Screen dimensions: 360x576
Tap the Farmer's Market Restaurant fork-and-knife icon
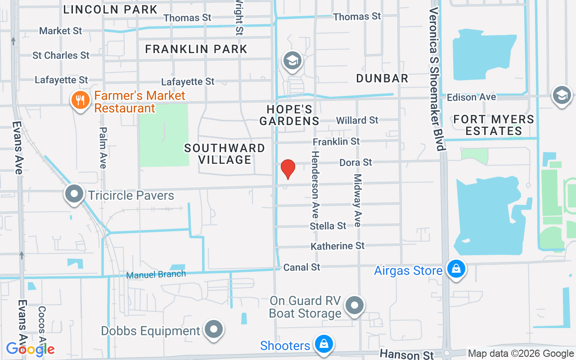(81, 100)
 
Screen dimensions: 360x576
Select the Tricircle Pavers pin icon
(75, 194)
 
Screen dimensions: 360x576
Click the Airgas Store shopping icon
(456, 269)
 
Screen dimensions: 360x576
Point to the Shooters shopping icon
(323, 344)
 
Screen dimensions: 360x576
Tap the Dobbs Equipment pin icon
(214, 329)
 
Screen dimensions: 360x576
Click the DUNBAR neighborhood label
(382, 78)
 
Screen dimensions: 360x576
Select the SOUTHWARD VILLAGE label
(225, 154)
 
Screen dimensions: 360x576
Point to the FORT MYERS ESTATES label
(494, 125)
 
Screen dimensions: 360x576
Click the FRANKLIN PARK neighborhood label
(196, 49)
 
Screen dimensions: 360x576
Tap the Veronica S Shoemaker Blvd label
(436, 79)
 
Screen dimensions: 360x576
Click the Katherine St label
(337, 246)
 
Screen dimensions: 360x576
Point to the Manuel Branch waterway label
(156, 274)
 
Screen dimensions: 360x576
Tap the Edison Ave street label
(471, 97)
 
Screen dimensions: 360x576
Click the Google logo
(30, 349)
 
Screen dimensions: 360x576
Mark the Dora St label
(355, 162)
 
